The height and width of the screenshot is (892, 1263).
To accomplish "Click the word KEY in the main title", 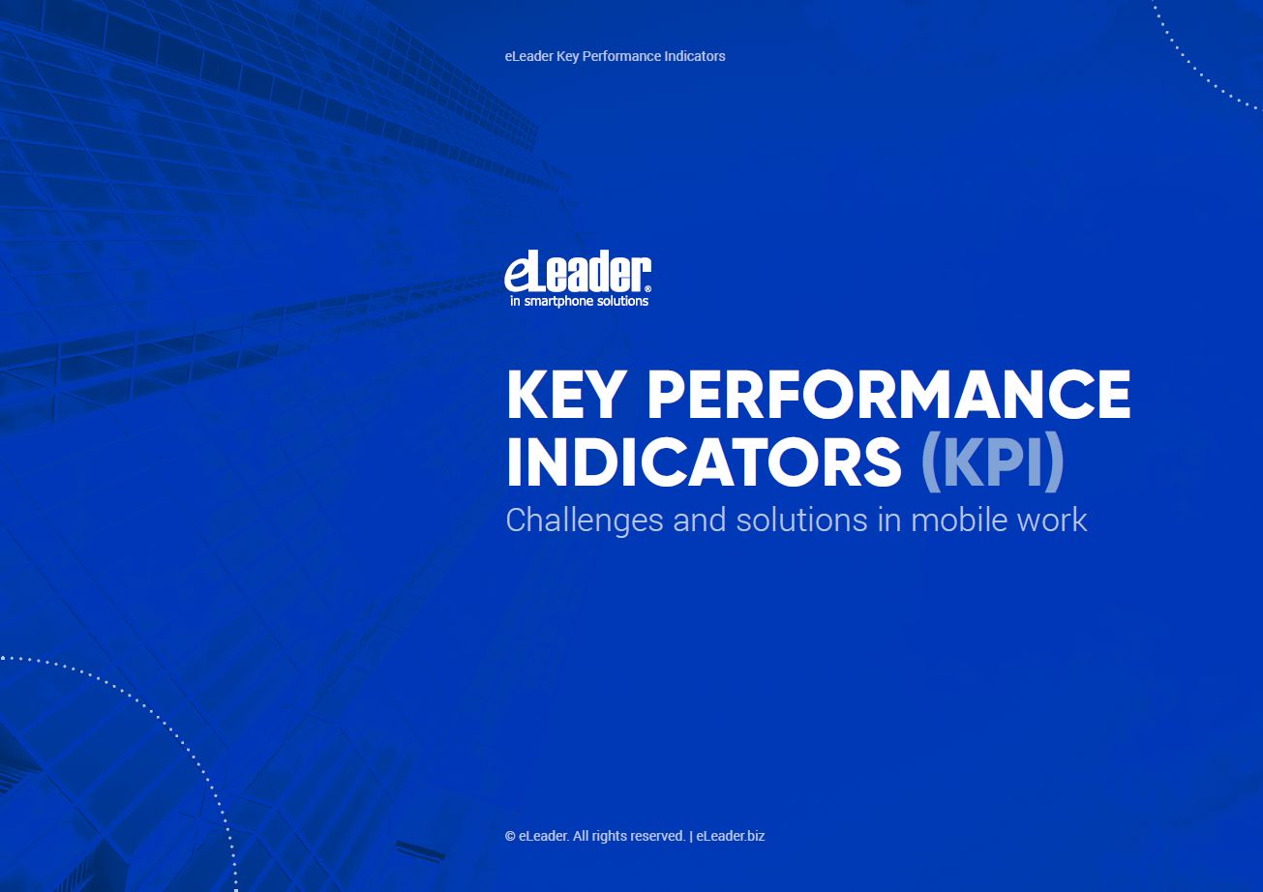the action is [x=564, y=395].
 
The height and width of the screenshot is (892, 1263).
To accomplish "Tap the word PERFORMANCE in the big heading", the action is [x=889, y=395].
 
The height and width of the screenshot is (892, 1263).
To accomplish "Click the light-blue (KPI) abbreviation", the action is [x=992, y=461].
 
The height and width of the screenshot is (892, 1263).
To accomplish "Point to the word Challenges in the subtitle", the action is [x=585, y=520].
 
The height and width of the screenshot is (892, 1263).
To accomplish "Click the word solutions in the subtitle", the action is [x=801, y=519].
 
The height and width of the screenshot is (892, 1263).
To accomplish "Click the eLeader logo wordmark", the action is [x=578, y=272].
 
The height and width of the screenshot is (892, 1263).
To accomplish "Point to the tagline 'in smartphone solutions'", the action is [x=579, y=302].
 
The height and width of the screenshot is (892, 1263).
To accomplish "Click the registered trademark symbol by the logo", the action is [x=647, y=289].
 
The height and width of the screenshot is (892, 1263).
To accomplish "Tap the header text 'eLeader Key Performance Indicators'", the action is [x=615, y=56].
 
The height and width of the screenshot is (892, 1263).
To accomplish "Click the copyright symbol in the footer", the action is [x=510, y=837].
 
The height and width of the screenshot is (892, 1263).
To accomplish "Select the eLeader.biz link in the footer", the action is [x=730, y=836].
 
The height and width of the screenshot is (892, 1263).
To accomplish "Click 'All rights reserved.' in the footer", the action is [x=629, y=836].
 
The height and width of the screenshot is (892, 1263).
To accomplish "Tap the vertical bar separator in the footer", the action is [x=691, y=837].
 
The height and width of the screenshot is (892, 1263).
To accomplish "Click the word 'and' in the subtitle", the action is [x=699, y=519].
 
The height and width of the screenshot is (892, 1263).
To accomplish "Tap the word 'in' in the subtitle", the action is [x=889, y=519].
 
